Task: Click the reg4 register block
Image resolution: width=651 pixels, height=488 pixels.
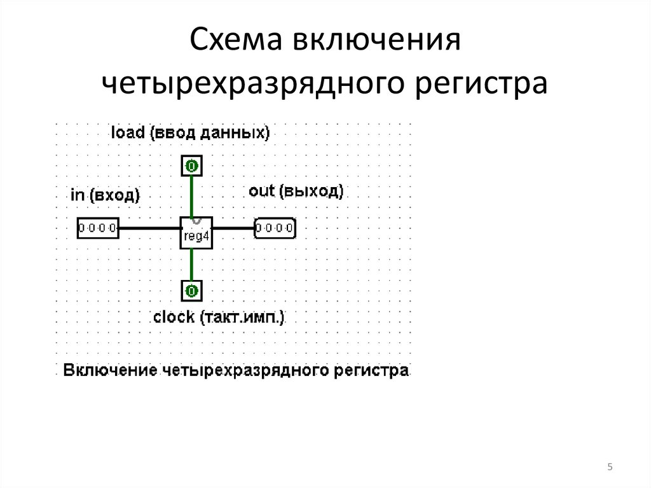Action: click(196, 233)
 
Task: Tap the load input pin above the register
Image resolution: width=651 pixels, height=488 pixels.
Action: click(191, 166)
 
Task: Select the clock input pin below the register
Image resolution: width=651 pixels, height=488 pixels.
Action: click(191, 291)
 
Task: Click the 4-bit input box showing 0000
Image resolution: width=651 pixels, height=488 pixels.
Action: click(98, 228)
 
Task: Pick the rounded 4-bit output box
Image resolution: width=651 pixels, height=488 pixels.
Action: click(275, 228)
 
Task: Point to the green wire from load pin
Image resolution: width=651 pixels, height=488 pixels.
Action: click(191, 197)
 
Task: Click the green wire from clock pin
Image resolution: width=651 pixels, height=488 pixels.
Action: click(191, 265)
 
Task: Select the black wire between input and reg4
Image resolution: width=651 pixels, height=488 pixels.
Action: click(149, 228)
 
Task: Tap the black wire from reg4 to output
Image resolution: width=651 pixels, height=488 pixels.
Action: click(233, 228)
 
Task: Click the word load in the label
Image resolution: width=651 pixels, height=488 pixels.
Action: click(128, 132)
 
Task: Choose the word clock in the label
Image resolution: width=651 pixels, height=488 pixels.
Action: click(174, 317)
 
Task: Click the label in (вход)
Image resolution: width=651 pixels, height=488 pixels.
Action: click(105, 195)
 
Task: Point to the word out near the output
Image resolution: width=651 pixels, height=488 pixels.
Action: click(261, 192)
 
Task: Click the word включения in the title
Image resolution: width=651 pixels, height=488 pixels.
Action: click(377, 39)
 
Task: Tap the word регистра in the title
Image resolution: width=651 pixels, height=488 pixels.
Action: click(482, 83)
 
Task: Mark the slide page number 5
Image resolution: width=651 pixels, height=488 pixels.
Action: click(610, 467)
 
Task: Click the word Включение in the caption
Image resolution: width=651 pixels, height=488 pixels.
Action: click(110, 370)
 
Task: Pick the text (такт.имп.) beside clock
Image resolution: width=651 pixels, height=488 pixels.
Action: click(242, 317)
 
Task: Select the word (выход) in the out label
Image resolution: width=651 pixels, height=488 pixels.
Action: click(312, 192)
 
